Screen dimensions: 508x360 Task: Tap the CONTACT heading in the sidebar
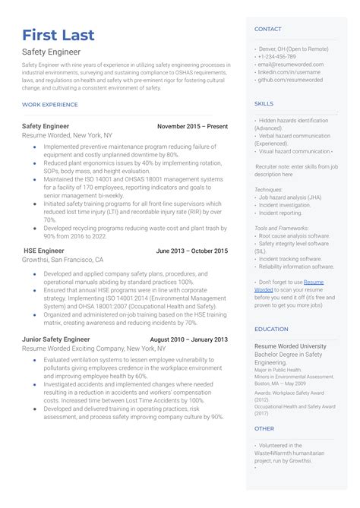267,29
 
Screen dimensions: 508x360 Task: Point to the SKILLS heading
264,103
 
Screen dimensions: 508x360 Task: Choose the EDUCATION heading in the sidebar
271,329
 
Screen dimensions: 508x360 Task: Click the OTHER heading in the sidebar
264,428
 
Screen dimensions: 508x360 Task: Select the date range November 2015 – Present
192,125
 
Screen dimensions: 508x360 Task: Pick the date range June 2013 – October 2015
191,251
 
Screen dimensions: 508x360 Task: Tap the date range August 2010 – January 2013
188,339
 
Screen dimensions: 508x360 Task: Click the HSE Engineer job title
43,251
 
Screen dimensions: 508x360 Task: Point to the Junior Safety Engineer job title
56,339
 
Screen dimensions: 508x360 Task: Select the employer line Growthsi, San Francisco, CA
62,260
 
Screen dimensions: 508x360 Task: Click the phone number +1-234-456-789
278,57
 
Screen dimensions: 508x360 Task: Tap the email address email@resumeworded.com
290,65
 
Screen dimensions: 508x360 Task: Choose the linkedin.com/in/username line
290,72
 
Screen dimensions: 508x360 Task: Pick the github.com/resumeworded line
290,80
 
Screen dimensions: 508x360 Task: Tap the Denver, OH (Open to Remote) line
289,49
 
